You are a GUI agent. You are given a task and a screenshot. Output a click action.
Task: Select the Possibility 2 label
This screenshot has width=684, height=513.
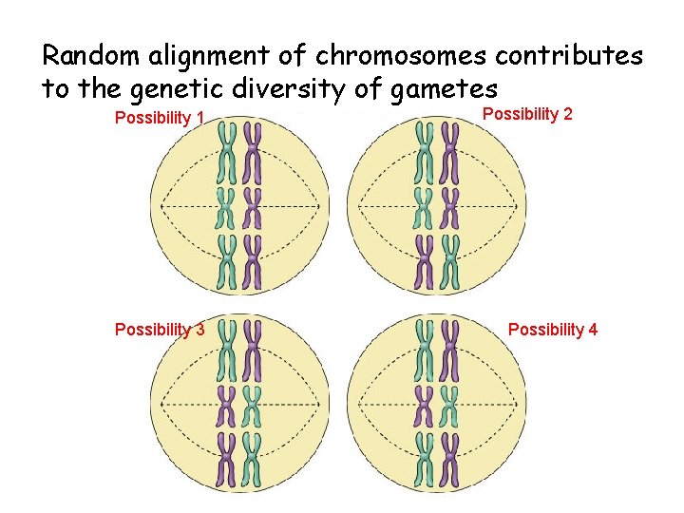[528, 114]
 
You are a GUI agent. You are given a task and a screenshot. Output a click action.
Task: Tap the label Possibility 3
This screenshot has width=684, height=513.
[160, 330]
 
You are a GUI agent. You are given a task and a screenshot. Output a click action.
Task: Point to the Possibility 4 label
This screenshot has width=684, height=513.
[553, 330]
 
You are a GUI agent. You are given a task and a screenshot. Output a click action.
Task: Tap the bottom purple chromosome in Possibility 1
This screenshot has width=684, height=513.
[253, 262]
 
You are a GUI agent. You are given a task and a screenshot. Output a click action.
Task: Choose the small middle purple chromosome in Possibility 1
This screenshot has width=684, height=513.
[253, 203]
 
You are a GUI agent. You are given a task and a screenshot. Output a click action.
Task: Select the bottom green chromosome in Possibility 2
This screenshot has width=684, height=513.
[451, 262]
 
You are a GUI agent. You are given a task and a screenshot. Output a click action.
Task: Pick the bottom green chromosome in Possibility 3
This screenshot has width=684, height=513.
[253, 460]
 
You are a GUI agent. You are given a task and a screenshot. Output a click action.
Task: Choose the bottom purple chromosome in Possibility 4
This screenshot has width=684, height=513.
[451, 460]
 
